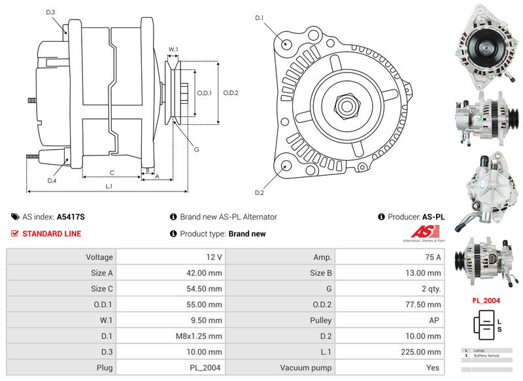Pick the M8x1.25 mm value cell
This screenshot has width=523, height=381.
coord(169,337)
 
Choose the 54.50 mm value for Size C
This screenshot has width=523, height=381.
coord(169,289)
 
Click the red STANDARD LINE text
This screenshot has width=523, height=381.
coord(52,233)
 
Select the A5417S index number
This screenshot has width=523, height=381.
coord(71,217)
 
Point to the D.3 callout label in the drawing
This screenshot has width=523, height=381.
coord(50,12)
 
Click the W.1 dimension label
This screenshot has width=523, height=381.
coord(173,50)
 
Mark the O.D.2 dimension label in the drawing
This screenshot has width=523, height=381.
coord(230,92)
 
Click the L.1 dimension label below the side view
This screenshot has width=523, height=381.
coord(109,186)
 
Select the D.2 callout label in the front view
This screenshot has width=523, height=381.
coord(259,192)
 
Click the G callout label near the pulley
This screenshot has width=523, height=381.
coord(196,149)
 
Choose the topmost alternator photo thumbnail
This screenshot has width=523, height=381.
coord(486,48)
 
